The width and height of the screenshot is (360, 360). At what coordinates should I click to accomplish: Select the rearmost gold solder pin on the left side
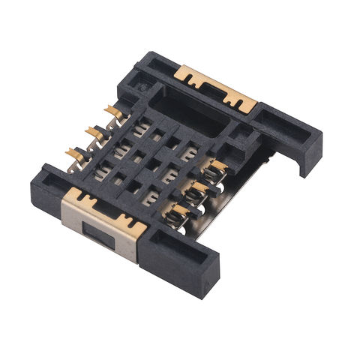click(x=114, y=112)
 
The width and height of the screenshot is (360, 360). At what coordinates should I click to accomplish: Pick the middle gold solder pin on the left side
click(x=95, y=133)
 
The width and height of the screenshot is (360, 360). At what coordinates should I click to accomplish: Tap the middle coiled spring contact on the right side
click(x=196, y=193)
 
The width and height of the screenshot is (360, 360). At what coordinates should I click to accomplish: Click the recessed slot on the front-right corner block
click(x=180, y=247)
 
